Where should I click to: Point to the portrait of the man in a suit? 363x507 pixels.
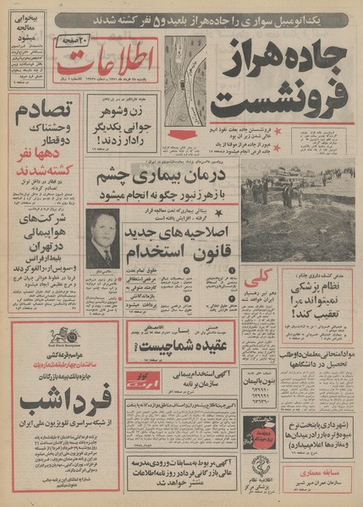[102, 240]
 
